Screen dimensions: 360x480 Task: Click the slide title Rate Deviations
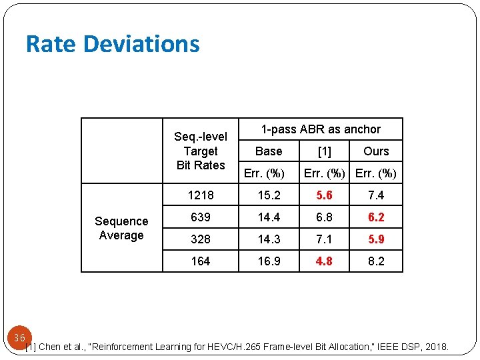pos(113,44)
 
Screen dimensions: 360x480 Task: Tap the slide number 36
pos(19,338)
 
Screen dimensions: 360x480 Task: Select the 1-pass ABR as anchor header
pos(321,129)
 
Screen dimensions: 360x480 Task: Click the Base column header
pos(269,151)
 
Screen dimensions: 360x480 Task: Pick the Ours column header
pos(376,151)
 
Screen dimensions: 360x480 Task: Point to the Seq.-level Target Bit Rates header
pos(201,151)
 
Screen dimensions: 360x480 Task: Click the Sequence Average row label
pos(121,228)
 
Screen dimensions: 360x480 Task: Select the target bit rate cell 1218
pos(201,195)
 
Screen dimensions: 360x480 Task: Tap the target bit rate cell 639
pos(201,217)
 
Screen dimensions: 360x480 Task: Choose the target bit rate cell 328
pos(201,239)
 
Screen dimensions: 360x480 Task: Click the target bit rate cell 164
pos(201,261)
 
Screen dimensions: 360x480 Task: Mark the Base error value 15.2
pos(269,195)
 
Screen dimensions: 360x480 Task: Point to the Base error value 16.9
pos(269,261)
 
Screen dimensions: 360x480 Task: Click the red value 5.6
pos(324,195)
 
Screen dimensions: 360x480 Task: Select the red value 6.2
pos(376,217)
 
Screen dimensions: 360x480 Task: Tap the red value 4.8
pos(324,261)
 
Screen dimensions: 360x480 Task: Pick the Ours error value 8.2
pos(376,261)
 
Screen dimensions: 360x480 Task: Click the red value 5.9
pos(376,239)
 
